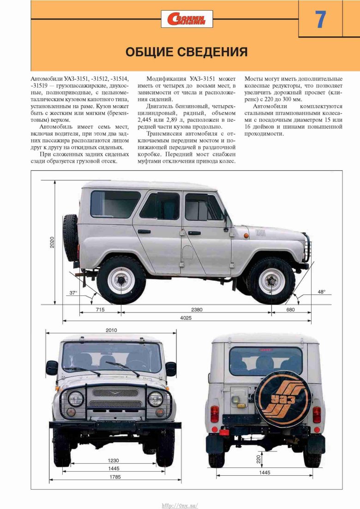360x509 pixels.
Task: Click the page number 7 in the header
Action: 320,19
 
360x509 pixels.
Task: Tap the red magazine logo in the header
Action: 187,19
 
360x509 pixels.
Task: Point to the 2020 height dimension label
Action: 53,242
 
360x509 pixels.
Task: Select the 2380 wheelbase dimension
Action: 197,310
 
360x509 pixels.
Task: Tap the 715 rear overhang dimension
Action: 100,310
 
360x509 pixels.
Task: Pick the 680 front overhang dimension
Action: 290,310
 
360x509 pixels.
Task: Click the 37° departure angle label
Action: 73,293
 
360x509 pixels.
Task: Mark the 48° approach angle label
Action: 321,292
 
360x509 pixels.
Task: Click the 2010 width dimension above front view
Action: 111,330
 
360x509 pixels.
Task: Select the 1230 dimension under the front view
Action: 113,460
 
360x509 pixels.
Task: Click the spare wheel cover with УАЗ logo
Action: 276,398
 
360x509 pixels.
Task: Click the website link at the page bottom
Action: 180,505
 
